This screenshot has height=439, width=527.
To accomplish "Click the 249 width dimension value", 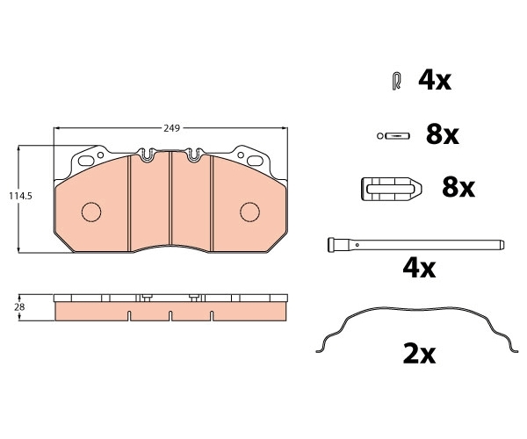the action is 172,128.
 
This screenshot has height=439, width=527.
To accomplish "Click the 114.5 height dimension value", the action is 20,196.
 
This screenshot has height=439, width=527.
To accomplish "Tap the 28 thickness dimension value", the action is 19,307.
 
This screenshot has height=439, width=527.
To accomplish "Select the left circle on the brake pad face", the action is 91,212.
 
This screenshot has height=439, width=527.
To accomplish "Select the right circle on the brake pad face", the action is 249,212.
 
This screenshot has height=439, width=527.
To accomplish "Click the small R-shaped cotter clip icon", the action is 397,81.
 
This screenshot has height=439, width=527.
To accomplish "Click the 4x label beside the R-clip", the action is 434,81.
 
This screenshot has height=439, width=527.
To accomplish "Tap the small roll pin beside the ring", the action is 398,136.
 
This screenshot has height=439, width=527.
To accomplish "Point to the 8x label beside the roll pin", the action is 442,135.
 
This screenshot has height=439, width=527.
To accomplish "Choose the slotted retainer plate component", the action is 392,189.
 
